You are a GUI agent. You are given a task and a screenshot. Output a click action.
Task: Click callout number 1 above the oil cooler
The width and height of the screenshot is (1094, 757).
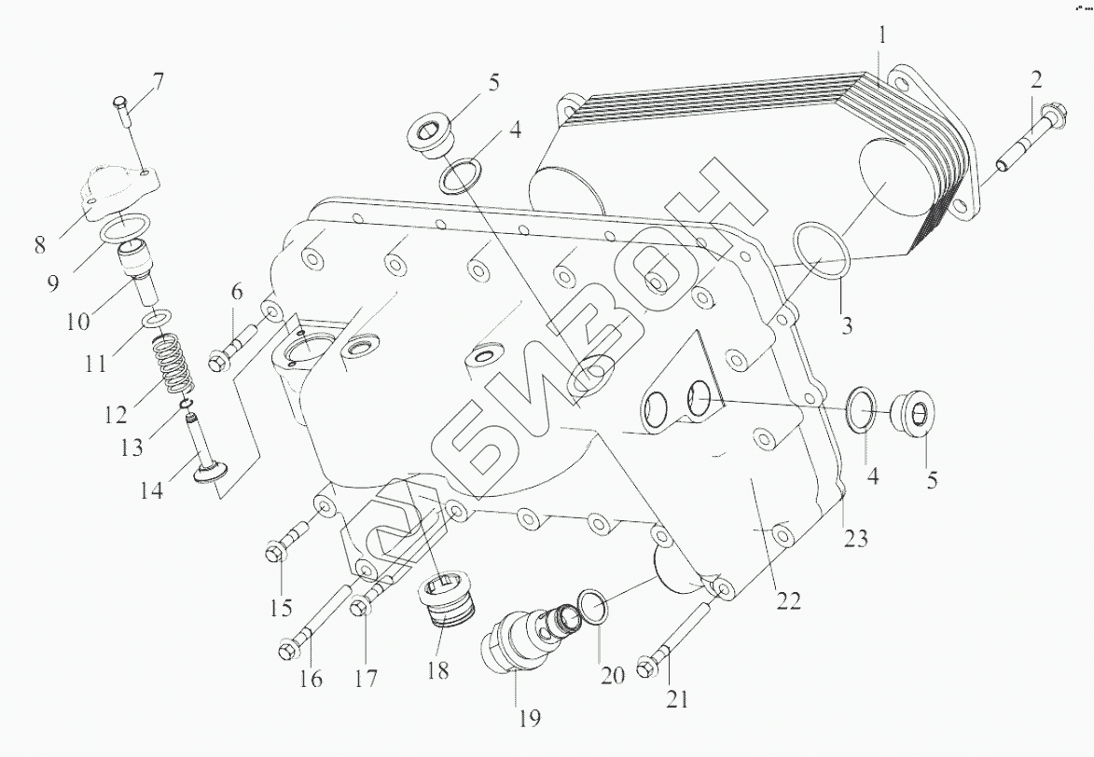(x=882, y=38)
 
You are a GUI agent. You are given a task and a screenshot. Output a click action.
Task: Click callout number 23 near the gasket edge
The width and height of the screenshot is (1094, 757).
(x=856, y=538)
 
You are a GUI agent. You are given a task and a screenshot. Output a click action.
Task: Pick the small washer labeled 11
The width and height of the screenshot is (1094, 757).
(x=156, y=320)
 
